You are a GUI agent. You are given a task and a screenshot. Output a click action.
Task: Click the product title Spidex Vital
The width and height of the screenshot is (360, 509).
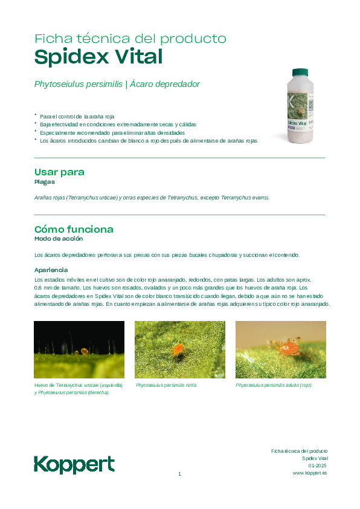[98, 57]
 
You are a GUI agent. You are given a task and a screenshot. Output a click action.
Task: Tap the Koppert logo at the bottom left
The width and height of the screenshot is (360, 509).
[74, 464]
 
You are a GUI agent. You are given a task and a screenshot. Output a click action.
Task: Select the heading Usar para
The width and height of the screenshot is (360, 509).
[59, 172]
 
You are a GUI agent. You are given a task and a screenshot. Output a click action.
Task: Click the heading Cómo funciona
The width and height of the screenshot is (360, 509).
[74, 230]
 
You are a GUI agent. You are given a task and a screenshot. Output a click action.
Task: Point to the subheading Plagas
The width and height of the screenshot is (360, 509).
[45, 181]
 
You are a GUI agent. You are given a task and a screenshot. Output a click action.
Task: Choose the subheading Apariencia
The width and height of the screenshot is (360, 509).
[51, 270]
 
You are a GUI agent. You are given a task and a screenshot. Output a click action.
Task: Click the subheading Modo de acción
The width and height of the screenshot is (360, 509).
[59, 239]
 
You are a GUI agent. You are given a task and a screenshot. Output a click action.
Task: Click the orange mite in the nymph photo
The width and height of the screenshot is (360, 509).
[178, 349]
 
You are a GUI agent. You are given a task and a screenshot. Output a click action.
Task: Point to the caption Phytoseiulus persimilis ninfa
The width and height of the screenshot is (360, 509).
[166, 385]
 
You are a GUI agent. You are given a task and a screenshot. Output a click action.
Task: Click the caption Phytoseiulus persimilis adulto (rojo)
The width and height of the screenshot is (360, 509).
[274, 385]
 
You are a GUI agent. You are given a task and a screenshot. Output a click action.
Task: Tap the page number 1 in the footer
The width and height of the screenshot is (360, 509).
[179, 474]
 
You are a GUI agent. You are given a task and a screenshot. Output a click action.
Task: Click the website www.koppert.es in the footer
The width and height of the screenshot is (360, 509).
[309, 473]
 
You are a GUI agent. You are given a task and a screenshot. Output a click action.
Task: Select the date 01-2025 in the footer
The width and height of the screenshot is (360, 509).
[317, 465]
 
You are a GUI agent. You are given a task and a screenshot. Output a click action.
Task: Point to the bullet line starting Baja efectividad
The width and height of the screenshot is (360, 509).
[118, 125]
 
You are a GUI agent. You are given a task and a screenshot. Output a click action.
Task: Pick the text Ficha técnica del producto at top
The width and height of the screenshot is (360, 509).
[130, 39]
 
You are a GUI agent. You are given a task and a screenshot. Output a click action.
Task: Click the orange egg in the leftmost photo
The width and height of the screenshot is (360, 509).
[85, 350]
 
